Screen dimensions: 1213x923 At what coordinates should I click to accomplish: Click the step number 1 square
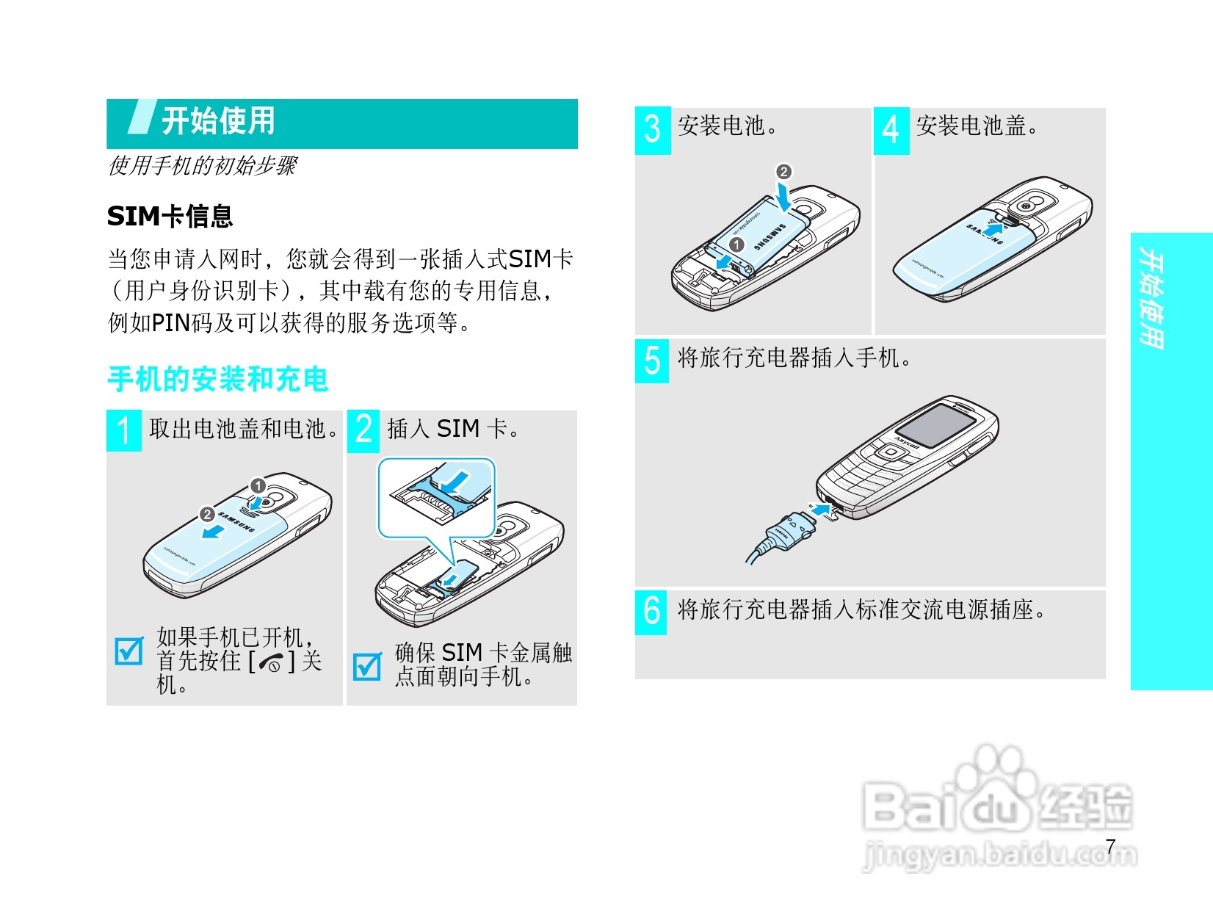click(x=124, y=430)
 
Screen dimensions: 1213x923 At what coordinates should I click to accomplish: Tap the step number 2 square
click(x=363, y=430)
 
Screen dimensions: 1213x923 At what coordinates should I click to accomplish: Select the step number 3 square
click(x=653, y=131)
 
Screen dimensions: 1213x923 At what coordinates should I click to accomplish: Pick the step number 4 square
click(x=891, y=131)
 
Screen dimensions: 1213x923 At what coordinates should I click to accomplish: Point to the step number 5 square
click(x=652, y=361)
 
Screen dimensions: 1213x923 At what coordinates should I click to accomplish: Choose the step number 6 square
click(x=651, y=612)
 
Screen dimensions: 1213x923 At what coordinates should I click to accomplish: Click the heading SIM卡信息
click(x=170, y=216)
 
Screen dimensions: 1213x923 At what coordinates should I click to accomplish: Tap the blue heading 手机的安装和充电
click(x=218, y=379)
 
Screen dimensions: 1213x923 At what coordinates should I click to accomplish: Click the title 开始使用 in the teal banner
click(x=218, y=121)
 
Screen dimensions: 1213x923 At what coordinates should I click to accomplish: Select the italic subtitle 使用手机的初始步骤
click(x=202, y=165)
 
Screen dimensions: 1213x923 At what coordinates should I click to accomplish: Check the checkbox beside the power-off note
click(x=128, y=651)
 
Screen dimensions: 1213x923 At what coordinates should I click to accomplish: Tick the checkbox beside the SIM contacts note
click(x=367, y=666)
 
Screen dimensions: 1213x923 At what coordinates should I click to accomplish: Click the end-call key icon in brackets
click(x=271, y=662)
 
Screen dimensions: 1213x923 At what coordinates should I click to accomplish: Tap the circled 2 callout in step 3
click(x=783, y=171)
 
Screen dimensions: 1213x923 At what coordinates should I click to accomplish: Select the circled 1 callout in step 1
click(x=258, y=486)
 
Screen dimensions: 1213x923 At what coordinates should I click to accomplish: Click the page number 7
click(x=1111, y=846)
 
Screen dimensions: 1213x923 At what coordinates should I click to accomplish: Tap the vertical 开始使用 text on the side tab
click(x=1151, y=299)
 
